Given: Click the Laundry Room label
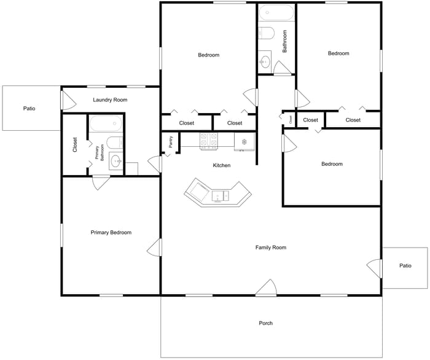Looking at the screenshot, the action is tap(110, 100).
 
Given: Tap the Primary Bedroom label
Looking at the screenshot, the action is tap(111, 232).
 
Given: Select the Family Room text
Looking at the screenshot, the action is tap(271, 248).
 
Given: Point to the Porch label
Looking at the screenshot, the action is tap(266, 323).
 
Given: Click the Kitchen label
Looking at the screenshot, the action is tap(222, 165).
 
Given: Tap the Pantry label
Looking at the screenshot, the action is tap(171, 142).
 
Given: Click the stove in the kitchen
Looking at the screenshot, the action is tap(209, 141).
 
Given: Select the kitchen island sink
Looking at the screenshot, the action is tap(221, 196).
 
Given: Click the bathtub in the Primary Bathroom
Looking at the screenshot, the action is tap(106, 123).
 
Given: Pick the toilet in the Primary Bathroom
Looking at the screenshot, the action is tap(115, 143).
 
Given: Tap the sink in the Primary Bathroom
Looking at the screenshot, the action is tap(115, 161).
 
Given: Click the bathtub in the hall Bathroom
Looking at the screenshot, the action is tap(276, 12).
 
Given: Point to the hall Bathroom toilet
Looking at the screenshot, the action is tap(266, 33).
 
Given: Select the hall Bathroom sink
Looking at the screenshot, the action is tap(265, 62).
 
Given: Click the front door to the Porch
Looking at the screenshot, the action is tap(266, 288).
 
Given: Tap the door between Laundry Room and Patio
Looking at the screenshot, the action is tap(68, 100).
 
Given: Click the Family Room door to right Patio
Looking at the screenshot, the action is tap(374, 268).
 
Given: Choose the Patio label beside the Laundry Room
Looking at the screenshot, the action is tap(29, 109).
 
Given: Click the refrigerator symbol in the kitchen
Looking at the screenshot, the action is tap(244, 142).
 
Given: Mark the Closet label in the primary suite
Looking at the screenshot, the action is tap(75, 144).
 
